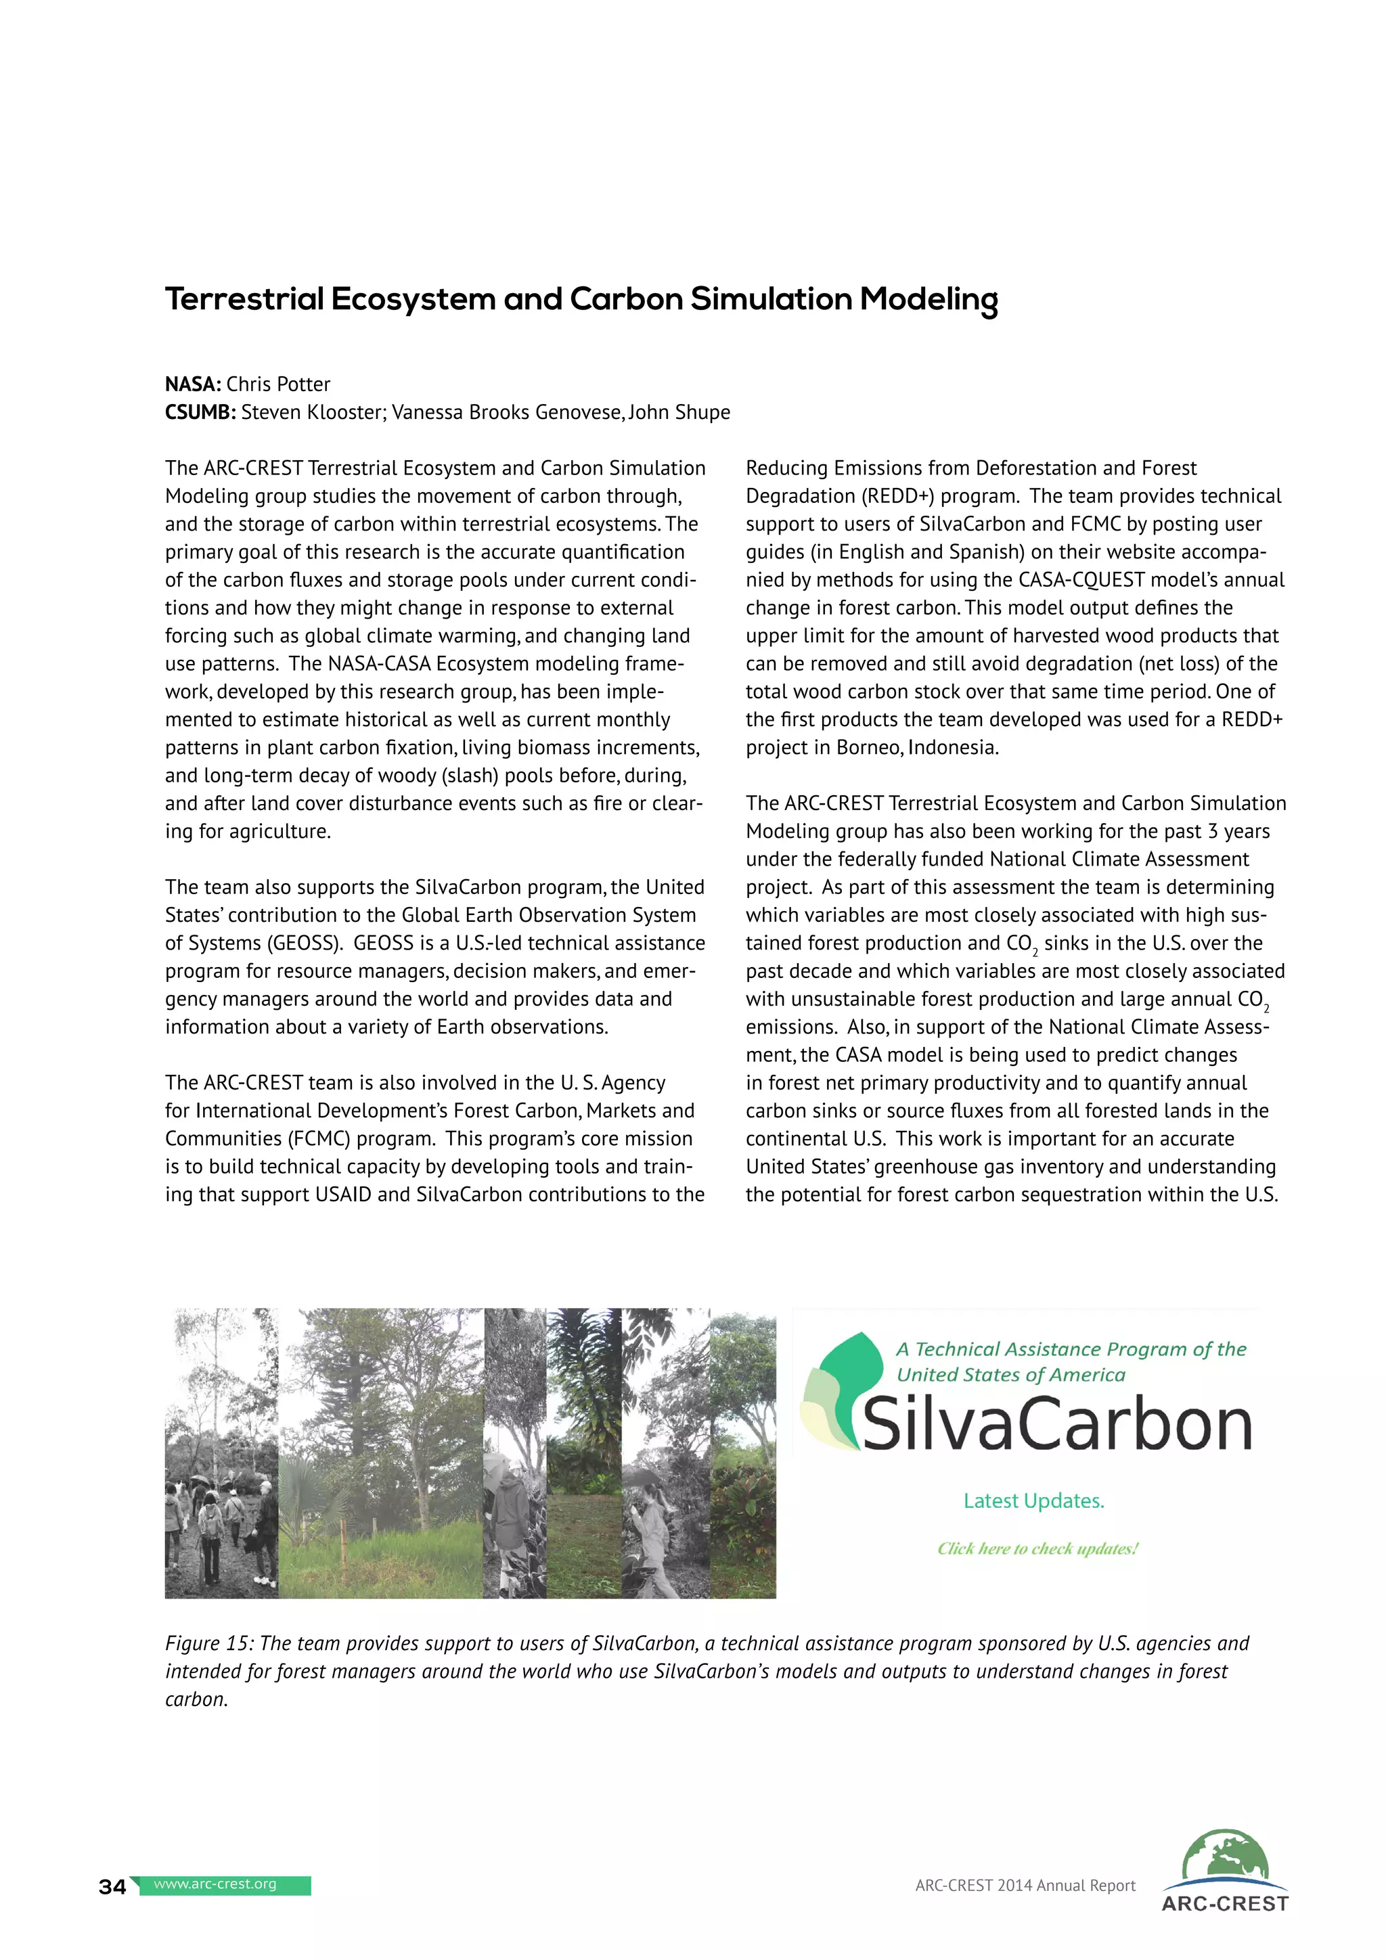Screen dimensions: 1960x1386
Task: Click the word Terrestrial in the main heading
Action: pyautogui.click(x=244, y=300)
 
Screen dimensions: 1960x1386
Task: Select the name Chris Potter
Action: pyautogui.click(x=277, y=384)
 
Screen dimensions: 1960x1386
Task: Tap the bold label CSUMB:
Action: pyautogui.click(x=200, y=412)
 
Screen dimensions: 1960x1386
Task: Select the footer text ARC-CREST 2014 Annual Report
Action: pyautogui.click(x=1025, y=1886)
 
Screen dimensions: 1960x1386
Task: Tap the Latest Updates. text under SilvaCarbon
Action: pyautogui.click(x=1033, y=1500)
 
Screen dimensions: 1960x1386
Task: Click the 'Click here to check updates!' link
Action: pyautogui.click(x=1037, y=1549)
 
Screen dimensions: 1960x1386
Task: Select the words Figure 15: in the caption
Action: pyautogui.click(x=209, y=1643)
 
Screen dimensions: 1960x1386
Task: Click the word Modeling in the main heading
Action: pyautogui.click(x=929, y=300)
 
